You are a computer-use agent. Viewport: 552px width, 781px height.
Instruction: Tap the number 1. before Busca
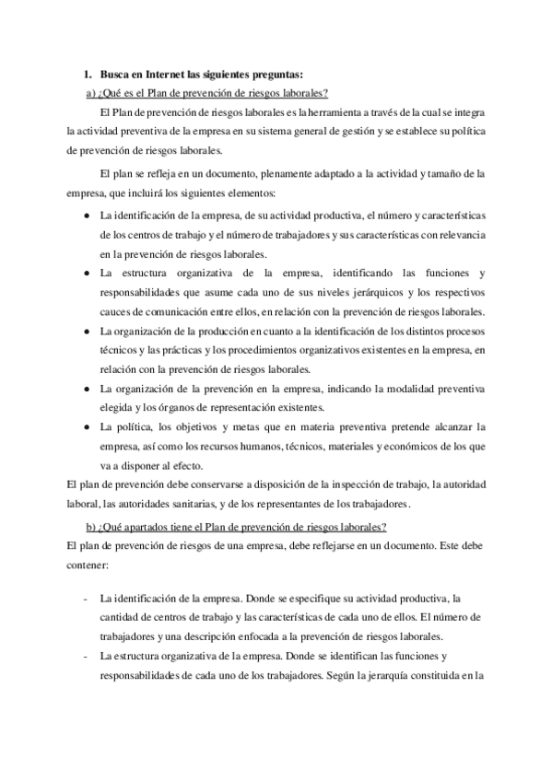pos(88,75)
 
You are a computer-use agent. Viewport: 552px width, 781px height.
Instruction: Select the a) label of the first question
pos(90,93)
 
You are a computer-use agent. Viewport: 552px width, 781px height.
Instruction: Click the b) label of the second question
pos(90,526)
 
